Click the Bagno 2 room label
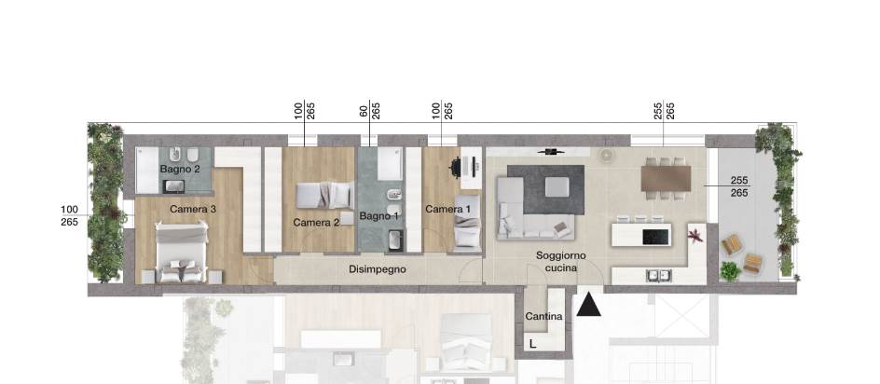click(x=180, y=170)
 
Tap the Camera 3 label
click(x=193, y=210)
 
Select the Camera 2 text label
click(x=316, y=223)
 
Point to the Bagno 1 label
click(x=378, y=216)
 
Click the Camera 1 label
click(x=447, y=210)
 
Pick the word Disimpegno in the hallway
click(x=378, y=269)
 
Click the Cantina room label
click(x=543, y=318)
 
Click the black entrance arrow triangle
click(x=588, y=304)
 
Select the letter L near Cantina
click(x=532, y=344)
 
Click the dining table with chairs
click(x=667, y=176)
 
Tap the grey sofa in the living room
click(x=531, y=211)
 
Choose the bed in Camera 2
click(x=323, y=195)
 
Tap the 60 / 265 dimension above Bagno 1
click(x=369, y=110)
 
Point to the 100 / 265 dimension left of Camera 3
click(x=69, y=216)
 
